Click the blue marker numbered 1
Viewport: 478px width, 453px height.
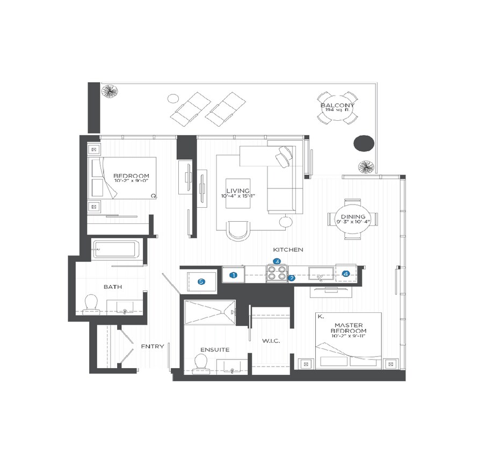pyautogui.click(x=234, y=275)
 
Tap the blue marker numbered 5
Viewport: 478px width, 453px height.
pyautogui.click(x=201, y=281)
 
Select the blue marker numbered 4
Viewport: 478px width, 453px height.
pyautogui.click(x=346, y=274)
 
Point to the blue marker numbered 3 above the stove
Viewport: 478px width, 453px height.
pyautogui.click(x=277, y=261)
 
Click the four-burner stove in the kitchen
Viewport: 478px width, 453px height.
pyautogui.click(x=277, y=274)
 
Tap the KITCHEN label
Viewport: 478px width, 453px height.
pyautogui.click(x=288, y=250)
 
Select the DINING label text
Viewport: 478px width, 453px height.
pyautogui.click(x=352, y=216)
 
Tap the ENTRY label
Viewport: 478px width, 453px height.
pyautogui.click(x=152, y=346)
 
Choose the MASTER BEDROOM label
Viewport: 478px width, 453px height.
pyautogui.click(x=350, y=328)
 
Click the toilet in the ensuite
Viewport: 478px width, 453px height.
pyautogui.click(x=201, y=363)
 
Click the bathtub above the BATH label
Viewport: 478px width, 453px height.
pyautogui.click(x=115, y=250)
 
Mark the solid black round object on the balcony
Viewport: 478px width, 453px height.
pyautogui.click(x=364, y=143)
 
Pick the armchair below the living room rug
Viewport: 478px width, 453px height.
pyautogui.click(x=238, y=231)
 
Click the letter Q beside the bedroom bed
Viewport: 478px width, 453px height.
pyautogui.click(x=153, y=196)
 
